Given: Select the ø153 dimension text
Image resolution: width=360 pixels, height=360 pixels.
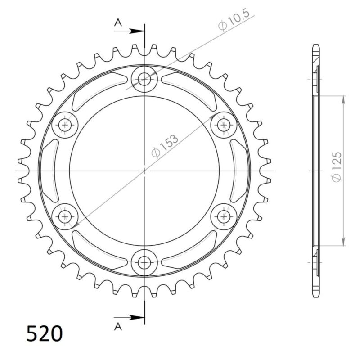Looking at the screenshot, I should tap(165, 145).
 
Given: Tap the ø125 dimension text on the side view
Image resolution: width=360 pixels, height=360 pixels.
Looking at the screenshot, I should tap(337, 167).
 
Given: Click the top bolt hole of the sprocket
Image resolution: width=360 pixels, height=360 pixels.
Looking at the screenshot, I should tap(144, 79).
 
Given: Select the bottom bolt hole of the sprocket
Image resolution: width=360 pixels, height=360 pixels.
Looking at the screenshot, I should tap(144, 262).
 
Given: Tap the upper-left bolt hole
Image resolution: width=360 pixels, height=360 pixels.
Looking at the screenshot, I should tap(65, 125).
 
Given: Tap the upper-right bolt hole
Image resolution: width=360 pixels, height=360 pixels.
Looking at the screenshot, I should tap(224, 125).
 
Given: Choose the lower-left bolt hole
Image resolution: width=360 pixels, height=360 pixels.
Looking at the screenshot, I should tap(65, 216).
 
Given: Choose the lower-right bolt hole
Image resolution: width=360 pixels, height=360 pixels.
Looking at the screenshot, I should tap(224, 216).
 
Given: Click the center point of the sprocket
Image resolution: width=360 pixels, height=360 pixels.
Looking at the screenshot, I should tap(144, 171).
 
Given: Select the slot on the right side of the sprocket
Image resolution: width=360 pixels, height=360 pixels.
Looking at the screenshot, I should tap(238, 171).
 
